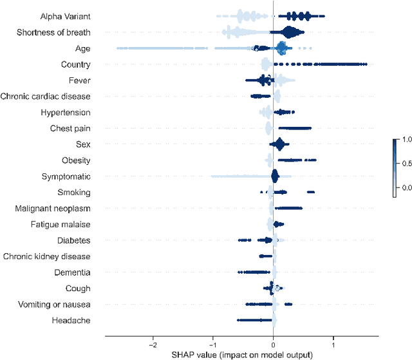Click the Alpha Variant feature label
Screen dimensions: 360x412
pyautogui.click(x=64, y=16)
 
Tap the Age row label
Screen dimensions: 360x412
pyautogui.click(x=82, y=48)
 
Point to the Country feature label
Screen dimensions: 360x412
pyautogui.click(x=75, y=64)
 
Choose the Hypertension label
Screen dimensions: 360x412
pyautogui.click(x=65, y=113)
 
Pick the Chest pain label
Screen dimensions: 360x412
pyautogui.click(x=70, y=129)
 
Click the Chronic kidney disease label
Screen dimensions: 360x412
pyautogui.click(x=47, y=256)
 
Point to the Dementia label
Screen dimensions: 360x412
pyautogui.click(x=73, y=272)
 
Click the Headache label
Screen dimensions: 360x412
pyautogui.click(x=71, y=321)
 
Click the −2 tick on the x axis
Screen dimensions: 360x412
pyautogui.click(x=153, y=344)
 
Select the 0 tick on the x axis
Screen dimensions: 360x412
pyautogui.click(x=274, y=344)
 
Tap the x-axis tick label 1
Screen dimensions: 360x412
pyautogui.click(x=333, y=344)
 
